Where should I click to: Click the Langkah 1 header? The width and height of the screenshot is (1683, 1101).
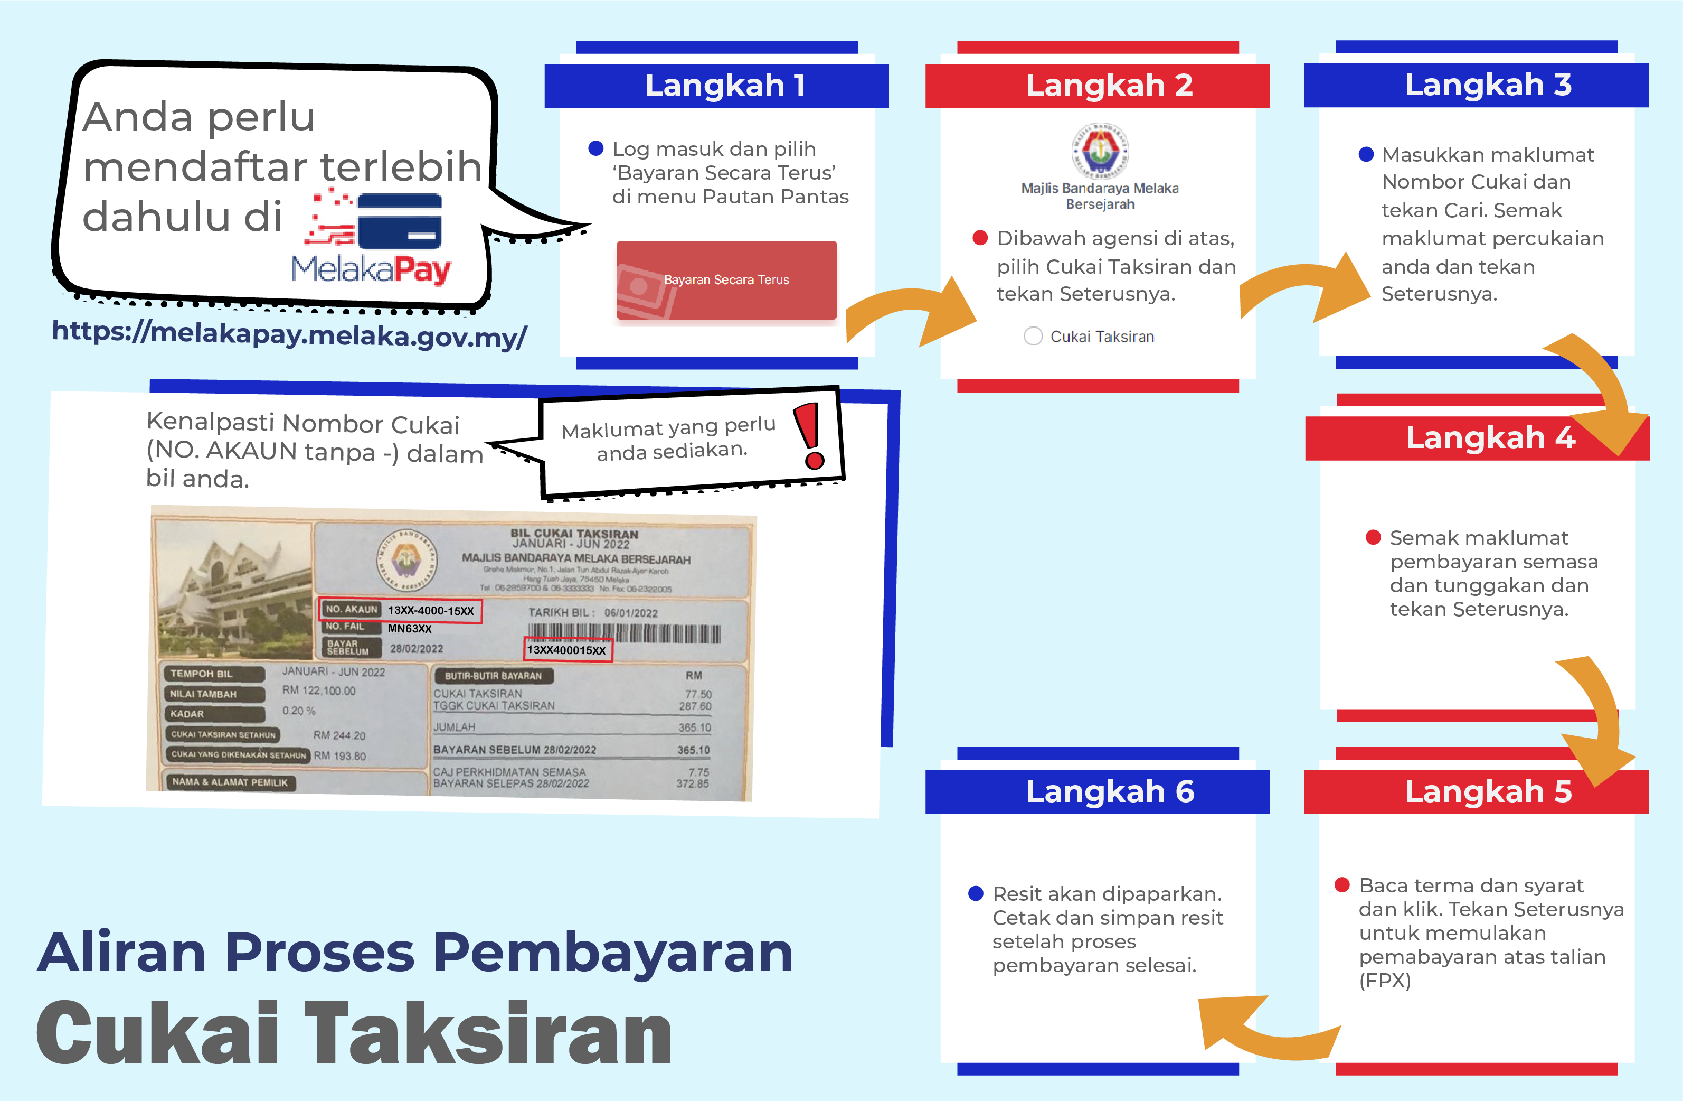coord(716,86)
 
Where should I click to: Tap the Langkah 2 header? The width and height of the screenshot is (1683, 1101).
coord(1098,86)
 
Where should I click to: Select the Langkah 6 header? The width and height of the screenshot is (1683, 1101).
coord(1098,792)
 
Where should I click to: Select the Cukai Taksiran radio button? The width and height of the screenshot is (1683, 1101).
coord(1033,336)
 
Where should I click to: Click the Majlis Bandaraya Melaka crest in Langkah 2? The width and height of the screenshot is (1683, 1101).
coord(1100,150)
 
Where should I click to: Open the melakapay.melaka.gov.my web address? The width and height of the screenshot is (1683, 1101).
coord(289,332)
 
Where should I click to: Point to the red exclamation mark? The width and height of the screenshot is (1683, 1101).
coord(810,436)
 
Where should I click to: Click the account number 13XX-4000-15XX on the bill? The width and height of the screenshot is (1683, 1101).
coord(431,611)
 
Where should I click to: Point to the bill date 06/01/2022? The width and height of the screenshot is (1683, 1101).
coord(631,613)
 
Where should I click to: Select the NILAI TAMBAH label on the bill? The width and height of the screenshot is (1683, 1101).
coord(204,694)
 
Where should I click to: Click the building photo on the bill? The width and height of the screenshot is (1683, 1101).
coord(233,591)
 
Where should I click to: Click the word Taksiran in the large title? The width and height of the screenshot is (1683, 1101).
coord(488,1033)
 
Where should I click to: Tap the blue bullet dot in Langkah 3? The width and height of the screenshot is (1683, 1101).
coord(1366,154)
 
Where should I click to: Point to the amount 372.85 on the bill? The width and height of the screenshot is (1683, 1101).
coord(692,784)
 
